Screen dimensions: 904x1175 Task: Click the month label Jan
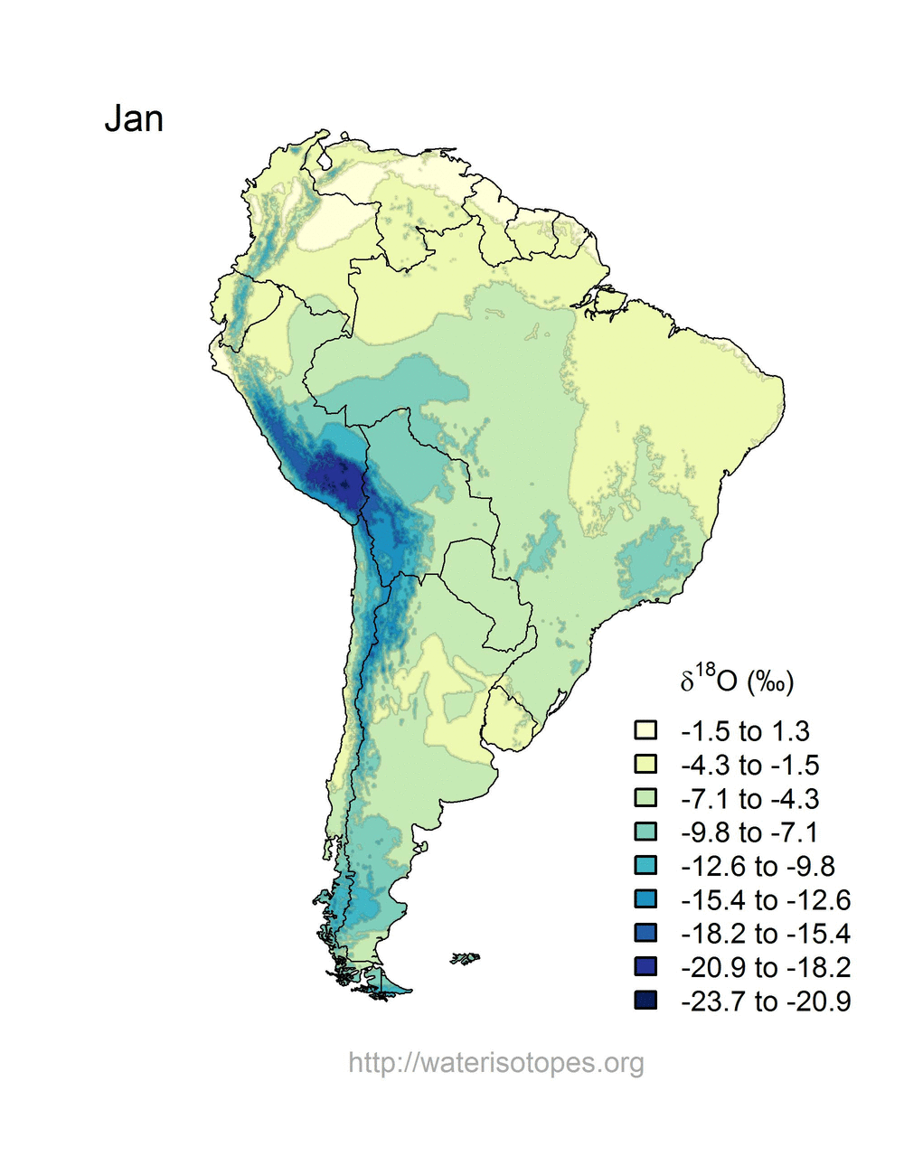(134, 118)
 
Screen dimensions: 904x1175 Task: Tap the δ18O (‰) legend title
(737, 681)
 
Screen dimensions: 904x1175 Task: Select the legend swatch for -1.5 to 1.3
(645, 730)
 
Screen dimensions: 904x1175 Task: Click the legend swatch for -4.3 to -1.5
(645, 764)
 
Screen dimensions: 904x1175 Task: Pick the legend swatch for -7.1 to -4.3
(645, 797)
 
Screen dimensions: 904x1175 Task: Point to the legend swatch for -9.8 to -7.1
(645, 832)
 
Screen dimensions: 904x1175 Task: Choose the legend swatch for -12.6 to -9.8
(645, 865)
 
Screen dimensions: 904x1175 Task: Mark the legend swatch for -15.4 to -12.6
(645, 898)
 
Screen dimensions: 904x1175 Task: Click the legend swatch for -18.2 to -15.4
(645, 932)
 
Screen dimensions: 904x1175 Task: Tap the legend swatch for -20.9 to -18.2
(645, 966)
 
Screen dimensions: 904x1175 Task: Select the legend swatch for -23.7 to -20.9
(645, 1000)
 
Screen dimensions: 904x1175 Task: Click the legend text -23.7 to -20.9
(766, 1001)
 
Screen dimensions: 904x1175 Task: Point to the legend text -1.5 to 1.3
(745, 731)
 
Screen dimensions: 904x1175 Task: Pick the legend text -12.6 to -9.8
(758, 866)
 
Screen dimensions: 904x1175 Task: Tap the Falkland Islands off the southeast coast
(465, 958)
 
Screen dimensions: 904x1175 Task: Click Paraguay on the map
(486, 589)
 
